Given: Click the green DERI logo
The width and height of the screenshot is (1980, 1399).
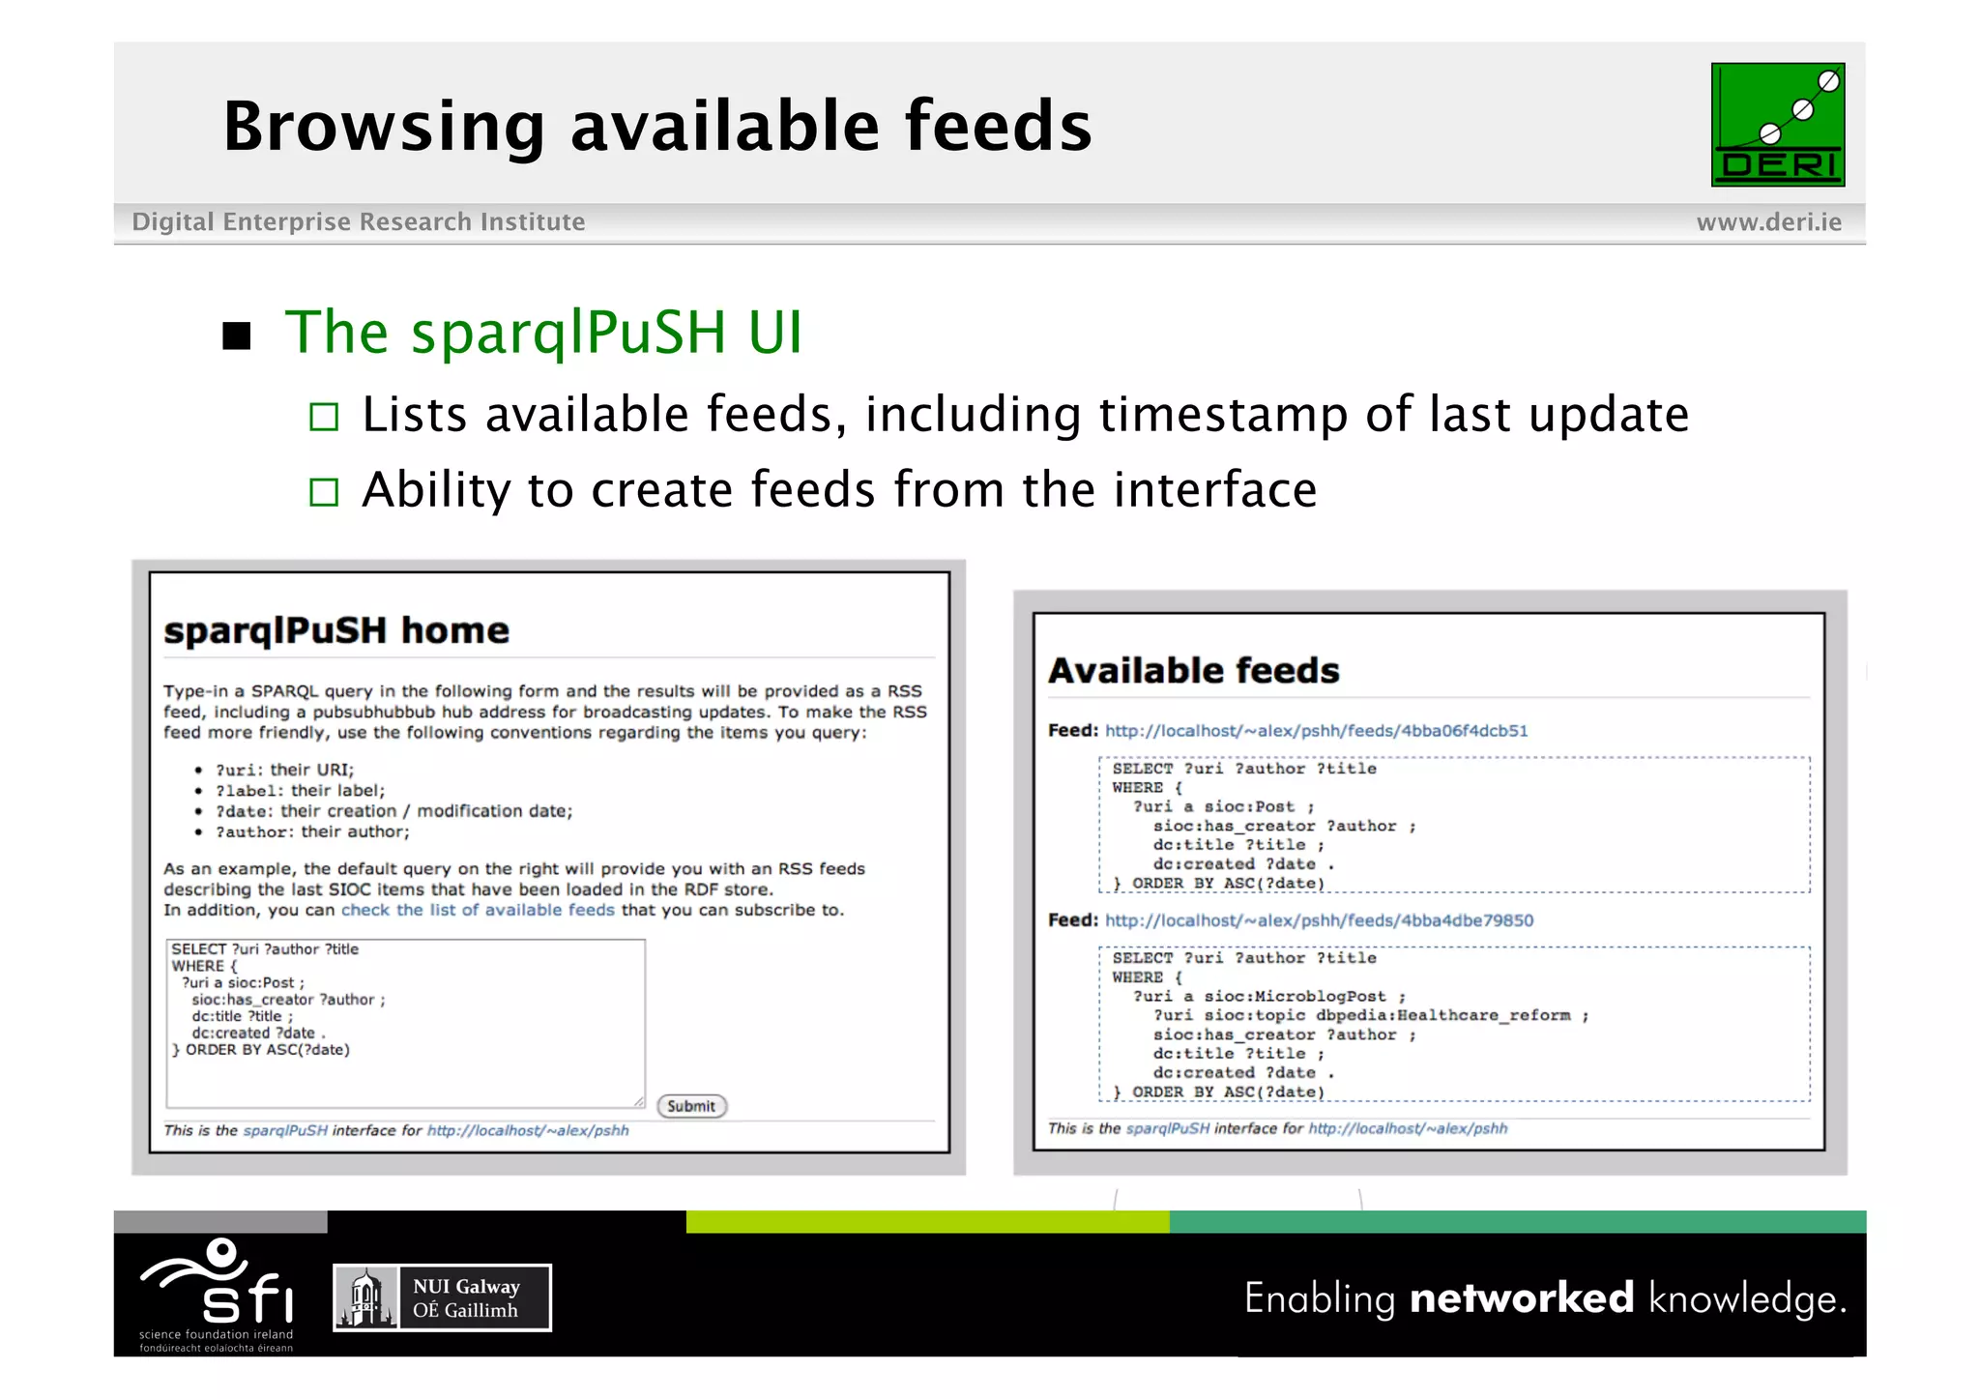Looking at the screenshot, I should coord(1777,125).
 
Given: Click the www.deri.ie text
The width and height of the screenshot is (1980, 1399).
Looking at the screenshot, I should coord(1768,222).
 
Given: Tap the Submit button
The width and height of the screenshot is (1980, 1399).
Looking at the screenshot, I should coord(691,1106).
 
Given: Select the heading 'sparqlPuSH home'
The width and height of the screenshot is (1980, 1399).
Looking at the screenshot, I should coord(336,630).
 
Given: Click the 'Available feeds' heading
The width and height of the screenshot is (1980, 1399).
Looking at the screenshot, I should coord(1194,671).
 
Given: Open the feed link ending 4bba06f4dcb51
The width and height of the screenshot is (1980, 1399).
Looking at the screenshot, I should coord(1316,731).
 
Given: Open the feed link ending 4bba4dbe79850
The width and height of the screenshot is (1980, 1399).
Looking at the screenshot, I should coord(1319,920).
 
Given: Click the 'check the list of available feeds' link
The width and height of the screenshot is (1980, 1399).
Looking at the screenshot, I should coord(478,910).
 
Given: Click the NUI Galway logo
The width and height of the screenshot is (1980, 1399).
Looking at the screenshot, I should coord(442,1297).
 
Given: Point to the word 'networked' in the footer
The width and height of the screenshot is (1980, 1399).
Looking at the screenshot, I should coord(1522,1297).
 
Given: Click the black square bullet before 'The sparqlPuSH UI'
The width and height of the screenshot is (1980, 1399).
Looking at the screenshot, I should coord(237,335).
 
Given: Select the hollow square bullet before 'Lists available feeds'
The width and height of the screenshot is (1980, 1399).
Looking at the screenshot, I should coord(324,417).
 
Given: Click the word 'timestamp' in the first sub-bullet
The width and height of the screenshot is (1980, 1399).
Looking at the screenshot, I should coord(1223,415).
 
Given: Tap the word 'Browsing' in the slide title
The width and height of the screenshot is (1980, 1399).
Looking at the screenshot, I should coord(384,127).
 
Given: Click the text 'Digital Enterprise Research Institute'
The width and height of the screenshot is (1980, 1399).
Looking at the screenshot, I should coord(359,222).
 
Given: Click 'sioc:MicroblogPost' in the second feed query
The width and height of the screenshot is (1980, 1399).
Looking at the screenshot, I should coord(1296,996).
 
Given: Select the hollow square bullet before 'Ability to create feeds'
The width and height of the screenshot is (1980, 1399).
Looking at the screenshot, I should coord(324,492).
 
